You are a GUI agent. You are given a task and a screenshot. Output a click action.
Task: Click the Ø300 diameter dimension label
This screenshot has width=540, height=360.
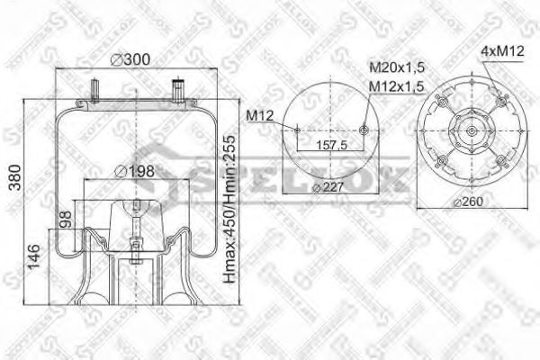pyautogui.click(x=130, y=60)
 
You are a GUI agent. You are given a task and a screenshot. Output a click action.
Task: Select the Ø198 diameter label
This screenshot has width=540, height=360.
pyautogui.click(x=135, y=171)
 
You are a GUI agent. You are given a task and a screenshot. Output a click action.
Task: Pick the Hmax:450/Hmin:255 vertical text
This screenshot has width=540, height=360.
pyautogui.click(x=230, y=203)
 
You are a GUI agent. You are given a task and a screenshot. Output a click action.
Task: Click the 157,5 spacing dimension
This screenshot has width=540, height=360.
pyautogui.click(x=330, y=144)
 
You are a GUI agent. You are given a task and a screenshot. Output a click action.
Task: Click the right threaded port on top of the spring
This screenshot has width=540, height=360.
pyautogui.click(x=176, y=90)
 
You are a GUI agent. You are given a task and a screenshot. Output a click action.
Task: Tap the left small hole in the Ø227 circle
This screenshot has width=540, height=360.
pyautogui.click(x=296, y=131)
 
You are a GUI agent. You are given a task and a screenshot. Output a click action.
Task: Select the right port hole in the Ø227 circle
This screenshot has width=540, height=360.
pyautogui.click(x=364, y=131)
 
